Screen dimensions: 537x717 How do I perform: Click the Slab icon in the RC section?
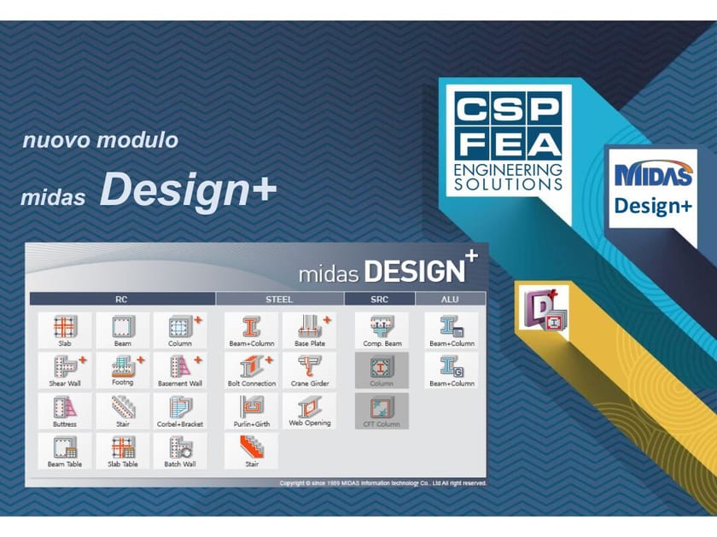65,329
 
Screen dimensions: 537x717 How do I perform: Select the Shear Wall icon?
65,369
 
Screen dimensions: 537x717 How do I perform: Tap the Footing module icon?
123,369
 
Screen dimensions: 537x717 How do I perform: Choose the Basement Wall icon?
180,369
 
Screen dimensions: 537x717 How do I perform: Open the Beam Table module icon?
65,449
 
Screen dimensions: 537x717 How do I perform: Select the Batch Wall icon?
180,449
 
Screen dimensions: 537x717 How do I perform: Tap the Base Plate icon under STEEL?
310,329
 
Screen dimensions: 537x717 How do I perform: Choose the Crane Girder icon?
310,369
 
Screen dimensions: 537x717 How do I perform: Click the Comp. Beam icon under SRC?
382,329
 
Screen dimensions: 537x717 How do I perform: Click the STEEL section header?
279,300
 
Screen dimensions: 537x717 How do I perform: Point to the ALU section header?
450,300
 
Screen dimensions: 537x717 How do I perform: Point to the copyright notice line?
383,483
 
